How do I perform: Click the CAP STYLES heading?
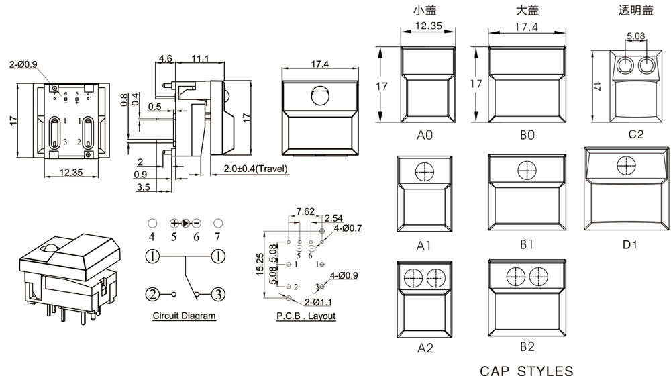527,370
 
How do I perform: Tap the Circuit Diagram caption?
184,316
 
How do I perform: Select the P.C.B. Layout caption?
306,316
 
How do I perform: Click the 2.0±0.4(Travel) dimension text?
256,169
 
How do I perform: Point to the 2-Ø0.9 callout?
23,64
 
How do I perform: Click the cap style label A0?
425,135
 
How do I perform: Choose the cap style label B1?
527,244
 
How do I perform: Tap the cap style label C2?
635,134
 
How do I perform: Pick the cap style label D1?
629,244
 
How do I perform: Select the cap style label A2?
425,348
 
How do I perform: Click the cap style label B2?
527,347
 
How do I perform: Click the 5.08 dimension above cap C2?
636,36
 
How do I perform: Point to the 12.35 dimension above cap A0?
428,26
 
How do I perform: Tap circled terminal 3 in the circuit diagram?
217,294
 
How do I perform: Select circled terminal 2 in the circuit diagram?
154,294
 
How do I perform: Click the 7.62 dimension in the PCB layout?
305,211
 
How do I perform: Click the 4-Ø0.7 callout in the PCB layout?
348,229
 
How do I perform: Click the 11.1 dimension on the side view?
200,59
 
